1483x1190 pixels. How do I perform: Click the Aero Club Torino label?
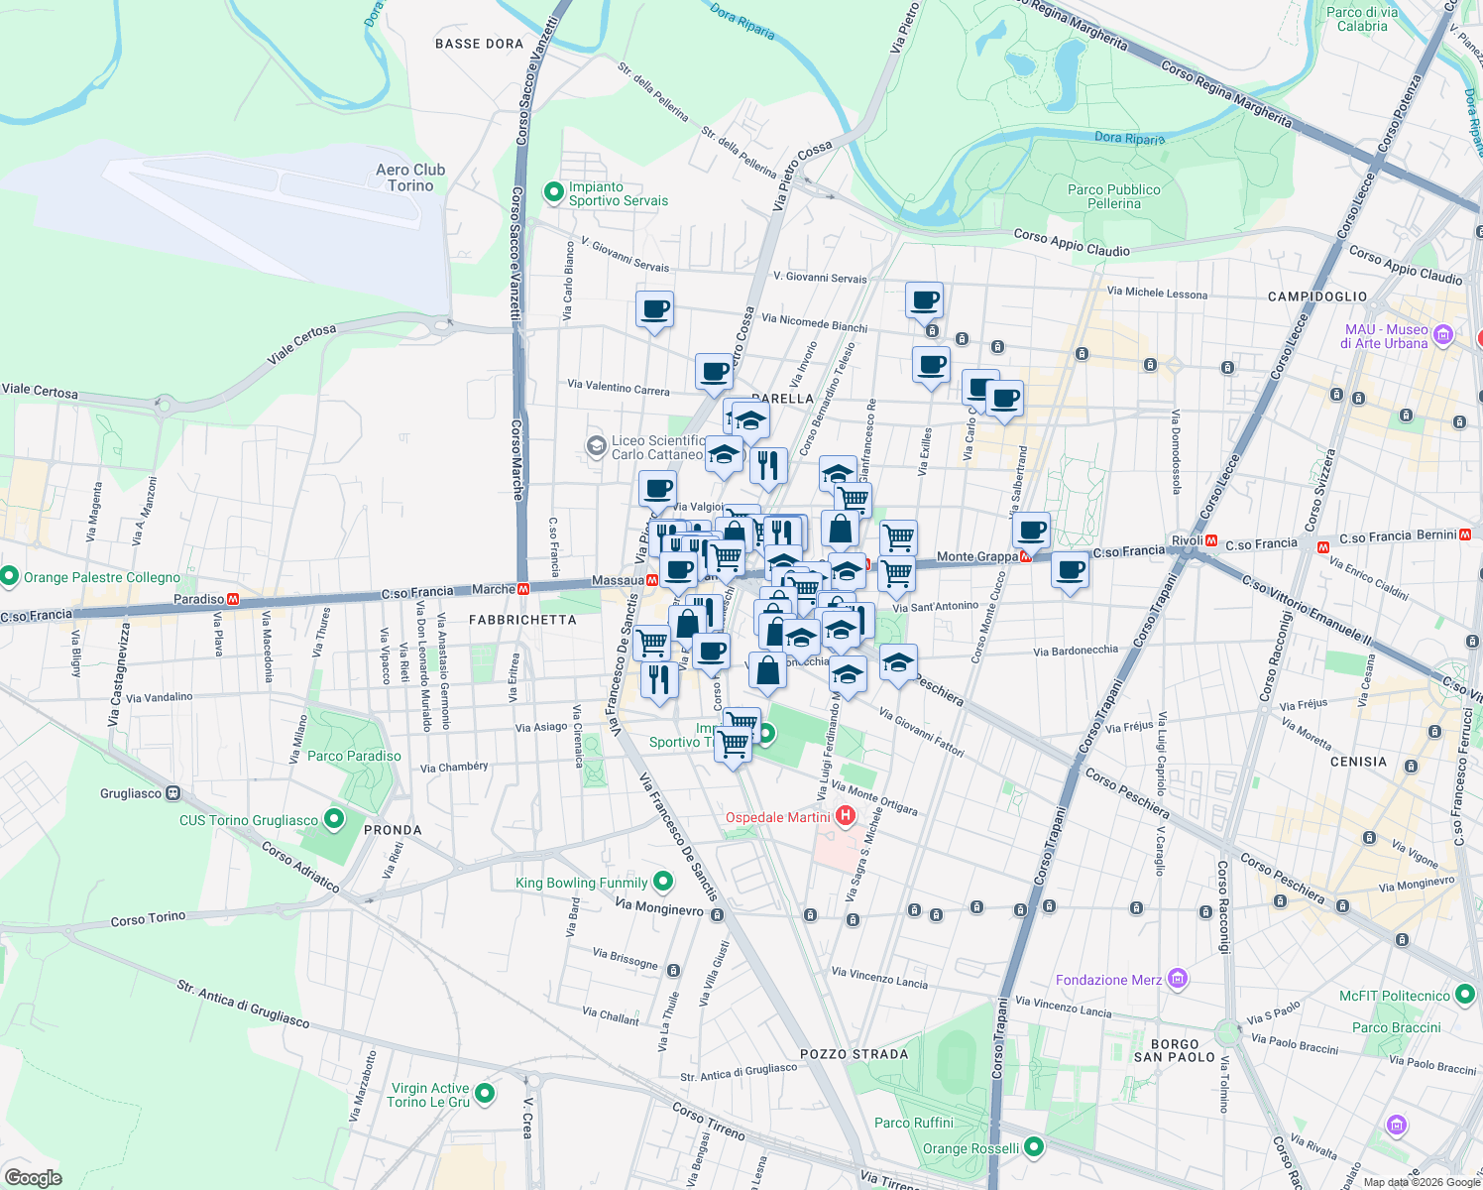point(410,178)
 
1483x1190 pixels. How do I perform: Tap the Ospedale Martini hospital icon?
point(846,816)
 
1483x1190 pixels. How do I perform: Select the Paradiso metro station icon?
point(233,599)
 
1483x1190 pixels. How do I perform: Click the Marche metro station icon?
point(523,589)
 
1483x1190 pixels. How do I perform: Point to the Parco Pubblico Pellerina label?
point(1113,196)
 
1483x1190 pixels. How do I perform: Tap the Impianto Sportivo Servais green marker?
point(554,192)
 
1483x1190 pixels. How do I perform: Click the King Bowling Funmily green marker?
point(663,881)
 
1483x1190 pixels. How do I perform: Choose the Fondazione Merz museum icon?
point(1177,979)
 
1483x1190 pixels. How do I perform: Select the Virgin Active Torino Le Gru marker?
point(485,1093)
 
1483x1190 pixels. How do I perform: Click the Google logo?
point(33,1177)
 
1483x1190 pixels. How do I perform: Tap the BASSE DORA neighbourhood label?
point(479,44)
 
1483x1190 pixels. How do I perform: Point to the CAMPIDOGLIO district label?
point(1317,297)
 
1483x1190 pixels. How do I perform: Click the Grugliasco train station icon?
point(173,793)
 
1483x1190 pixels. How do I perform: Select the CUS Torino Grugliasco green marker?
point(334,819)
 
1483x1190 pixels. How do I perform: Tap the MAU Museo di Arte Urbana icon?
point(1442,335)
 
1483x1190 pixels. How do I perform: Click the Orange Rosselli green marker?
point(1034,1147)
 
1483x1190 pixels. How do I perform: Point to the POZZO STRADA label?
point(854,1054)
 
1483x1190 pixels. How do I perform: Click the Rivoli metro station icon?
point(1210,540)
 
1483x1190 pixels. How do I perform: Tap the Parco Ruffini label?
point(914,1123)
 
